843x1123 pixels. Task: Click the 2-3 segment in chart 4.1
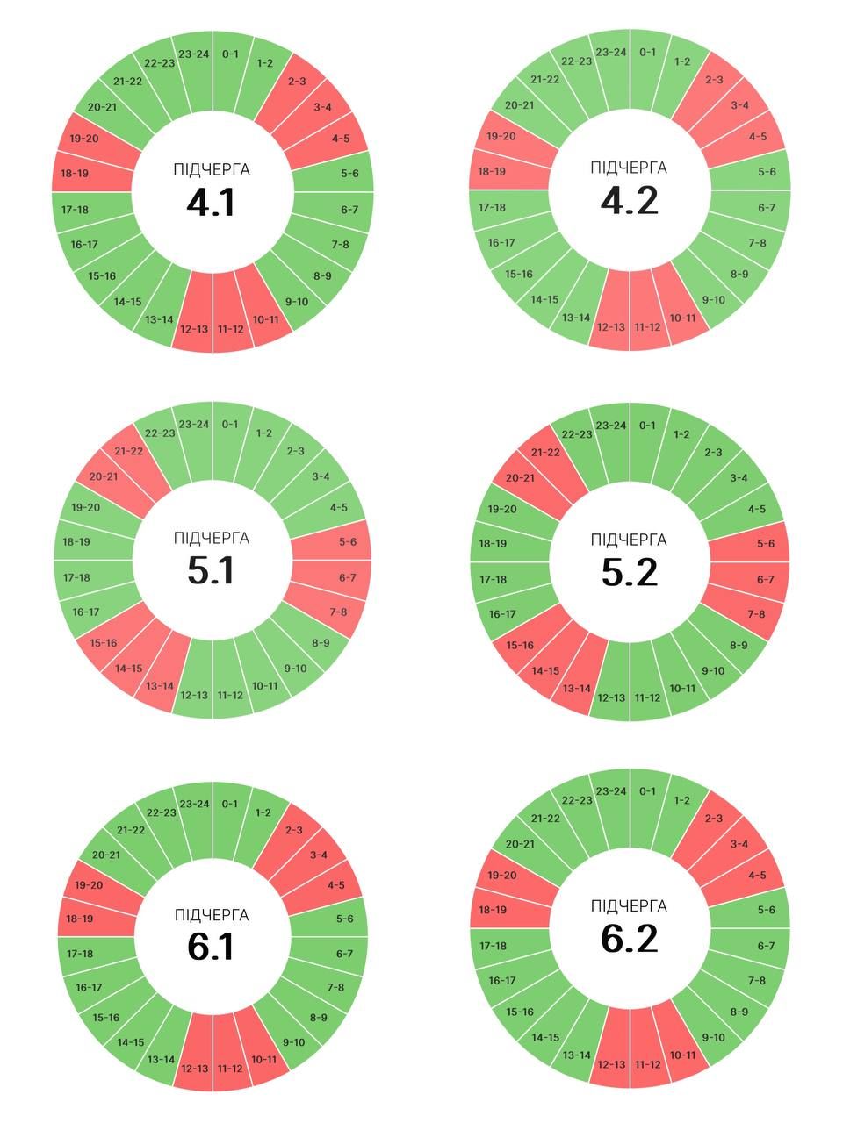296,82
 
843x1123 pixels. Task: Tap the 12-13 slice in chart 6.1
193,1068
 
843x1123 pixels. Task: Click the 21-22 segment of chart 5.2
545,453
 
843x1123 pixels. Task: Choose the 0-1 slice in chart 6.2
647,791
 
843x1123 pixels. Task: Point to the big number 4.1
211,203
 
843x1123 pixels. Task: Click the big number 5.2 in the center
629,572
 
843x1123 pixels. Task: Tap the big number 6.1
211,947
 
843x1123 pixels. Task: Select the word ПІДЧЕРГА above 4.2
629,168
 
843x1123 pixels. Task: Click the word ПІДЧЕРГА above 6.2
629,906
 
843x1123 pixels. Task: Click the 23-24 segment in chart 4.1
193,54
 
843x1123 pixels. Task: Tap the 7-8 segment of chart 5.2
756,614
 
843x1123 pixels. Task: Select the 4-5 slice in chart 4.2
758,137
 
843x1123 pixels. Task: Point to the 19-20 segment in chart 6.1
88,885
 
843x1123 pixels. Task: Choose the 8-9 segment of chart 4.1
322,276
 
